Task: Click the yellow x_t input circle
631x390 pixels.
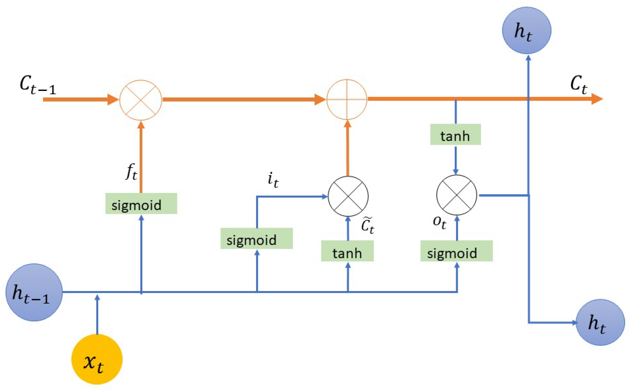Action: pos(97,359)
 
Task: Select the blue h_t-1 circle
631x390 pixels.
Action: pos(34,292)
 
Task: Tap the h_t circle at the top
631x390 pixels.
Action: pos(526,30)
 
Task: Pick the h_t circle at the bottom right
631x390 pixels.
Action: pos(600,322)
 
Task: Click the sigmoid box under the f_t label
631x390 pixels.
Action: pos(141,203)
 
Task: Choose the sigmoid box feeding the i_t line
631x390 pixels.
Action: pos(256,238)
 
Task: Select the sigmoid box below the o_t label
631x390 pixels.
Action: pos(456,251)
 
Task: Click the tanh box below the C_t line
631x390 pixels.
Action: pos(455,135)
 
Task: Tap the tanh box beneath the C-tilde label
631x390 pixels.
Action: pos(347,251)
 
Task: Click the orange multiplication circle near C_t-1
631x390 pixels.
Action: pos(140,100)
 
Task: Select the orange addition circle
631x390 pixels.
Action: pos(347,99)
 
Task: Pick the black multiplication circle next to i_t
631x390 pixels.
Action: pos(348,196)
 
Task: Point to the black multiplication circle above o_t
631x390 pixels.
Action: pos(456,195)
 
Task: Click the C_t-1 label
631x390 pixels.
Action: pos(38,85)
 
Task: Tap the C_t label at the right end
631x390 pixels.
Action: pos(578,84)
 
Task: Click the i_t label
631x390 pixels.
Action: pos(273,180)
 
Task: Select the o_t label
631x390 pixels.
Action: pos(439,222)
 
